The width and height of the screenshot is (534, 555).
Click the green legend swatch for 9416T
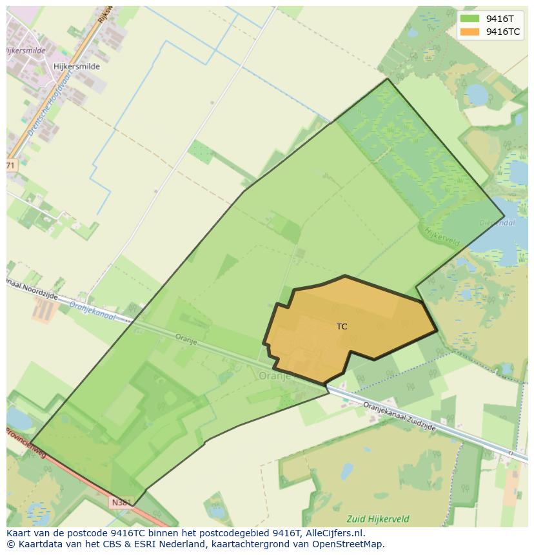pyautogui.click(x=470, y=18)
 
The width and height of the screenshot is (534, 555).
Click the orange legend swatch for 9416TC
pyautogui.click(x=470, y=32)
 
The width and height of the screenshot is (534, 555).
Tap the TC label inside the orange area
pyautogui.click(x=342, y=327)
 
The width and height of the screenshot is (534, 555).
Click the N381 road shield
pyautogui.click(x=121, y=503)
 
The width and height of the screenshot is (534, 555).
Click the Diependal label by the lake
pyautogui.click(x=497, y=223)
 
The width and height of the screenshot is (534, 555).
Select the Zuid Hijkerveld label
pyautogui.click(x=377, y=518)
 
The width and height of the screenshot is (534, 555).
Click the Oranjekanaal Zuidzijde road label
pyautogui.click(x=399, y=416)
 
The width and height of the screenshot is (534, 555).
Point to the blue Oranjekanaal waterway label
pyautogui.click(x=92, y=311)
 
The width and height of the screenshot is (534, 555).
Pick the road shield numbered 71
pyautogui.click(x=10, y=165)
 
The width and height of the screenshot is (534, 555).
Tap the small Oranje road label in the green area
pyautogui.click(x=186, y=338)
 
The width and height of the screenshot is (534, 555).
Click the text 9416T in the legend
pyautogui.click(x=500, y=18)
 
